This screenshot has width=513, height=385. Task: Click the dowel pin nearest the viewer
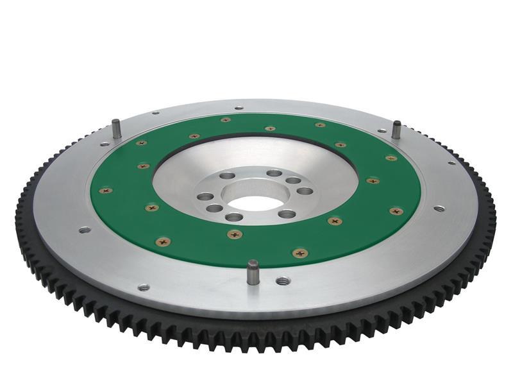point(253,271)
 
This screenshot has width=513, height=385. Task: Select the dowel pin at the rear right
point(397,128)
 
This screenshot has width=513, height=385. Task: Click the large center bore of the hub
point(255,202)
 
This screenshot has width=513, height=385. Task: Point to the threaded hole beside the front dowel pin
point(282,281)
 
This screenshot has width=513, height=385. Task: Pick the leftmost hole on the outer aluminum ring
point(84,229)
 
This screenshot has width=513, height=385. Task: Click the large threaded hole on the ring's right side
point(439,209)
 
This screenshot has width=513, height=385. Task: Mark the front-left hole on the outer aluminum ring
point(144,287)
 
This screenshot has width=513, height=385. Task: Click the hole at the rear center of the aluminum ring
point(239,108)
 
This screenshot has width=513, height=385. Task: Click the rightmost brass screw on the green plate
point(396,211)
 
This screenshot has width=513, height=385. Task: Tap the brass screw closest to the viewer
point(299,253)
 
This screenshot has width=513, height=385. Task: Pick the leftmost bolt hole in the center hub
point(205,196)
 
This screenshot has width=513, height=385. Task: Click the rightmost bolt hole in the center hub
point(305,191)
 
